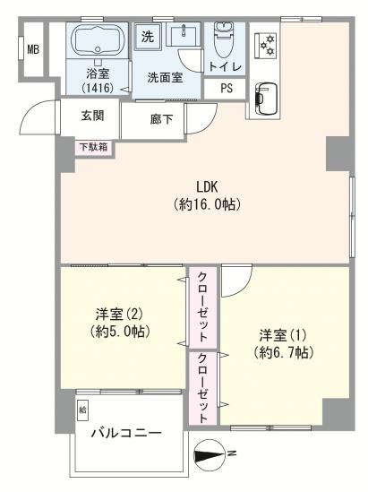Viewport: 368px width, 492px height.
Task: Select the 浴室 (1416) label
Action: [96, 82]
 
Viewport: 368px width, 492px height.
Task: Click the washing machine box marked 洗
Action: [147, 38]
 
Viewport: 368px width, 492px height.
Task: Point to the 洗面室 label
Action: [166, 77]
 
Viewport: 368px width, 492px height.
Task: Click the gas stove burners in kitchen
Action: [264, 43]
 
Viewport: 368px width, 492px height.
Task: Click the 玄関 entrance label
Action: [92, 116]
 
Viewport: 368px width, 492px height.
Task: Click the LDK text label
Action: [208, 186]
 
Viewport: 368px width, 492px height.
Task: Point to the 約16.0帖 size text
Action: [208, 204]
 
